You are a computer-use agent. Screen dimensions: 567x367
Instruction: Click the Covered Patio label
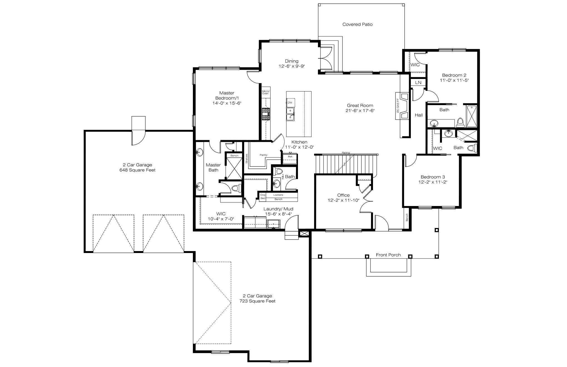click(x=357, y=24)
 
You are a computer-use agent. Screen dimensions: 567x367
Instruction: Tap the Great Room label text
click(x=360, y=105)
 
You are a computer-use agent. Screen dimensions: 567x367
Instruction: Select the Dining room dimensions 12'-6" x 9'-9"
click(x=292, y=66)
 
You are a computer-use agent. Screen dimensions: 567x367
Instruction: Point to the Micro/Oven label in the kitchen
click(x=266, y=92)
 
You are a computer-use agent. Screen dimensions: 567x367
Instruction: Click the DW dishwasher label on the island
click(x=290, y=103)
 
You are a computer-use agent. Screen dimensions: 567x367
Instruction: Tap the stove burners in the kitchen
click(x=266, y=114)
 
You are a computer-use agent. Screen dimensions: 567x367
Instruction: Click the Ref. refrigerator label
click(x=290, y=157)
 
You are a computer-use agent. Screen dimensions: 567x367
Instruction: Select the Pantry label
click(x=263, y=155)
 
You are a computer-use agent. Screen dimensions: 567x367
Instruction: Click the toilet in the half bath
click(x=278, y=170)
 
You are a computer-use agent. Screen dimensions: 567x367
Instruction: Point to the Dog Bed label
click(x=263, y=197)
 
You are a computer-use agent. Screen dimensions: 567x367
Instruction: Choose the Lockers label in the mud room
click(x=278, y=195)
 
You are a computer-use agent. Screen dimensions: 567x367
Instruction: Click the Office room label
click(x=343, y=195)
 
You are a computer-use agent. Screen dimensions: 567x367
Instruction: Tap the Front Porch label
click(x=388, y=255)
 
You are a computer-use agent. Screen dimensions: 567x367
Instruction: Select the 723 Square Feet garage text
click(x=257, y=301)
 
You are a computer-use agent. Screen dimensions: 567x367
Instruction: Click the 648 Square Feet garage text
click(x=137, y=170)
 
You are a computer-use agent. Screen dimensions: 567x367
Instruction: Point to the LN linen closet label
click(x=418, y=83)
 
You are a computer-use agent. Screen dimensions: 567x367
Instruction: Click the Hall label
click(x=419, y=115)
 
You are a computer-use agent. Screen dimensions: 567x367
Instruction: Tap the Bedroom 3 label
click(x=432, y=177)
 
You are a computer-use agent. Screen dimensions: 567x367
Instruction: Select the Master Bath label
click(x=213, y=167)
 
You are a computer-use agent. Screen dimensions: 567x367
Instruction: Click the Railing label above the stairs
click(x=346, y=153)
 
